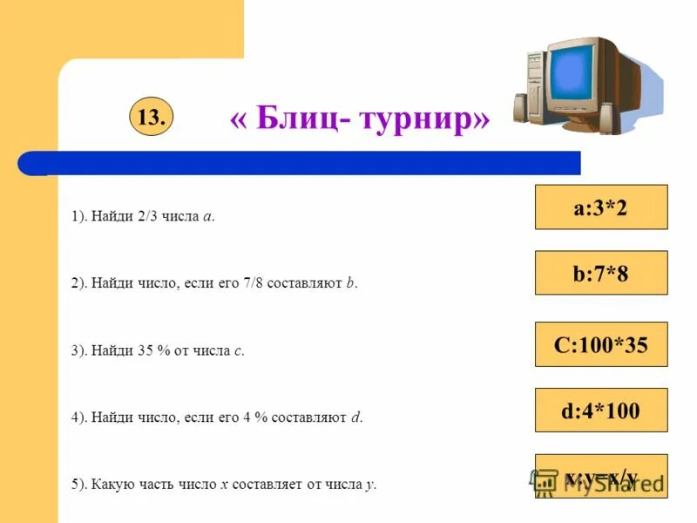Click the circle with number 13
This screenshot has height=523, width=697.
click(x=151, y=118)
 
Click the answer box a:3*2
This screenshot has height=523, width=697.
click(x=600, y=207)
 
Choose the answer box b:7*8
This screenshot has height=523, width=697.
click(x=600, y=274)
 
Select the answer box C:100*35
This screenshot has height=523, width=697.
click(x=600, y=344)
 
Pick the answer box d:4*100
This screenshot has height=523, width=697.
click(x=600, y=411)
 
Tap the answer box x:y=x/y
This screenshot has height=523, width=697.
click(x=600, y=477)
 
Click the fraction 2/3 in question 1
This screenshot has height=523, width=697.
click(x=146, y=217)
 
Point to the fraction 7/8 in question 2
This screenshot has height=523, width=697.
click(x=253, y=283)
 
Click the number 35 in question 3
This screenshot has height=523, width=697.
click(x=145, y=350)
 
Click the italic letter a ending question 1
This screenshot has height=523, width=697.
click(x=206, y=218)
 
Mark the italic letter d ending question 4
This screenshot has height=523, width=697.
click(x=355, y=418)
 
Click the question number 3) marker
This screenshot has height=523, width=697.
click(x=79, y=350)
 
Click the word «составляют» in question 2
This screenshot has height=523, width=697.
click(x=306, y=284)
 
